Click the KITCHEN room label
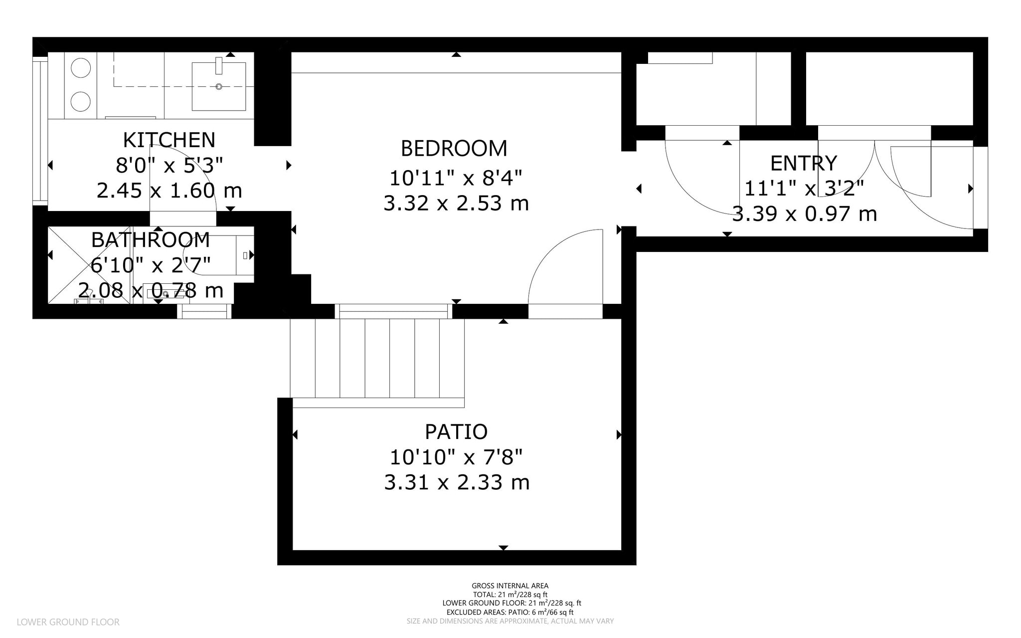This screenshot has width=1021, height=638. (x=169, y=140)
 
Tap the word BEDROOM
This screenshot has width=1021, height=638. (x=454, y=149)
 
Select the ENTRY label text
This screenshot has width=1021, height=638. (x=803, y=164)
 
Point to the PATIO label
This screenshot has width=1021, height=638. (x=456, y=431)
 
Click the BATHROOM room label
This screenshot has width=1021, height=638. (x=150, y=240)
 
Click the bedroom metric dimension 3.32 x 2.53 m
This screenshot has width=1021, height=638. (x=456, y=204)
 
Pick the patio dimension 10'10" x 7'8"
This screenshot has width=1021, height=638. (x=456, y=457)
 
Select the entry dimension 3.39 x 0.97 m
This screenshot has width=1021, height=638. (x=804, y=214)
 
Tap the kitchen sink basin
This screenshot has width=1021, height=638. (x=218, y=86)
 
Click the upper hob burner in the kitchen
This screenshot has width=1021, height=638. (x=80, y=68)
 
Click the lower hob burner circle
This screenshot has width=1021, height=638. (x=80, y=101)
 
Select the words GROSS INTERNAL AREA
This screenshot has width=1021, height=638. (x=510, y=586)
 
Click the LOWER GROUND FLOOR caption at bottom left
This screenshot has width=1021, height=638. (x=68, y=622)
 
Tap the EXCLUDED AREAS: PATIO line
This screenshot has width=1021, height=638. (x=510, y=612)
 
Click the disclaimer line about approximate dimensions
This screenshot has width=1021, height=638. (x=510, y=621)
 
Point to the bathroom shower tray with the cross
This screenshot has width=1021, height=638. (x=89, y=265)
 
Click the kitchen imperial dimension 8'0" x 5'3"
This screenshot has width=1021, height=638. (x=169, y=165)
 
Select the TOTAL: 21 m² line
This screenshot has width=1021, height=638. (x=510, y=595)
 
